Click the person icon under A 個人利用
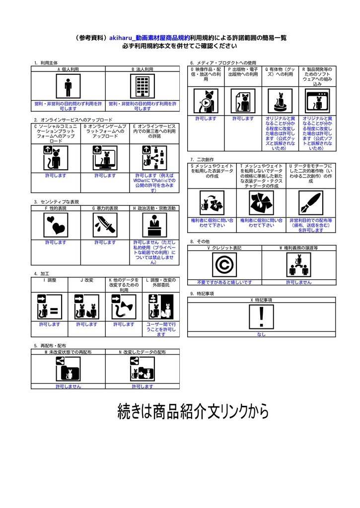coord(68,87)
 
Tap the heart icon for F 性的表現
coord(56,226)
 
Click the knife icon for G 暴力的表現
coord(105,226)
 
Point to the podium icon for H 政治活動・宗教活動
coord(155,226)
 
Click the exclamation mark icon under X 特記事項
coord(262,317)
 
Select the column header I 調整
coord(50,280)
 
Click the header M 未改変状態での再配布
coord(68,352)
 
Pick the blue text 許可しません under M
coord(68,386)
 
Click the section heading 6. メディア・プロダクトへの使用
coord(223,63)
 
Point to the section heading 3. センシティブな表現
coord(57,202)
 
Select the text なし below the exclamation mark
coord(262,334)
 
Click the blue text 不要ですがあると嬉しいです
coord(224,282)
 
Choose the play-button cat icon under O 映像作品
coord(206,102)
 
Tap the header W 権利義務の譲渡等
coord(299,248)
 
